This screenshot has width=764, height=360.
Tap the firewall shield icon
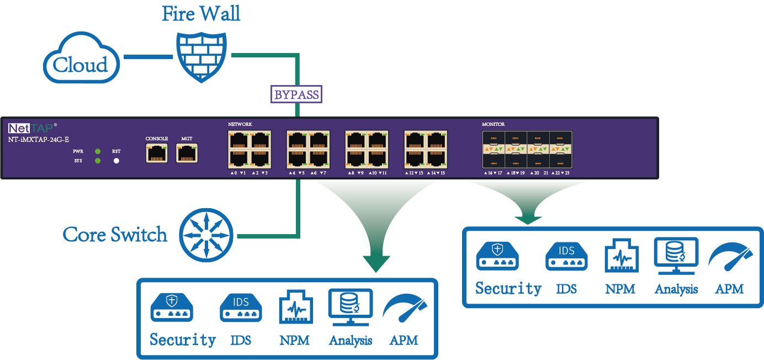coord(201,56)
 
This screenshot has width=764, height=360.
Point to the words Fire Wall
coord(201,14)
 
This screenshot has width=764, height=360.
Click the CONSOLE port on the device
coord(157,153)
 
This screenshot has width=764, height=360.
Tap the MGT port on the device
coord(187,153)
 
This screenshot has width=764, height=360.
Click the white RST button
coord(116,161)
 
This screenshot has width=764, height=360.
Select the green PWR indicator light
coord(98,151)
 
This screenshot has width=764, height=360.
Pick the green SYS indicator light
coord(98,161)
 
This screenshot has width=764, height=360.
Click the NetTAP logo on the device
coord(32,129)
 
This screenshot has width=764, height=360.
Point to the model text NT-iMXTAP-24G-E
coord(39,139)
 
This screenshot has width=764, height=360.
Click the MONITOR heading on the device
coord(493,124)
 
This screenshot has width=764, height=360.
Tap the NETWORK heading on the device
coord(240,124)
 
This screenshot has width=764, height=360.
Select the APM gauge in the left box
coord(406,312)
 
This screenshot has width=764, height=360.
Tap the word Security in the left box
coord(183,340)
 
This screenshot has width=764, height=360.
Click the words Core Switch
coord(115,235)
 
